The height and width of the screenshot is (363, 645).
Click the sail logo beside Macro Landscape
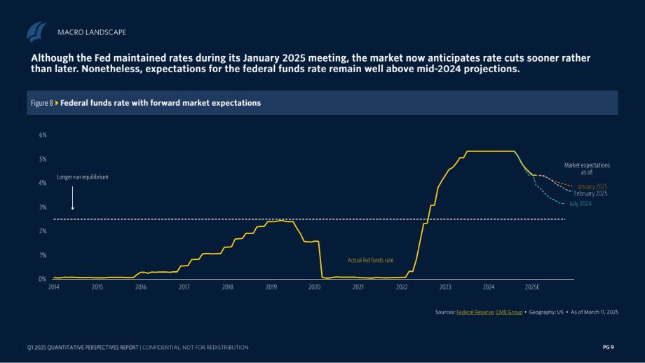tap(36, 32)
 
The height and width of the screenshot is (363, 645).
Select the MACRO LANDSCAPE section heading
tap(92, 32)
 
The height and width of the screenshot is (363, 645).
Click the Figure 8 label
tap(42, 103)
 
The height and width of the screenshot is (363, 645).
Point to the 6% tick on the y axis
tap(43, 135)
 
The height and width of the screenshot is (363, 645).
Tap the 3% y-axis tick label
tap(43, 207)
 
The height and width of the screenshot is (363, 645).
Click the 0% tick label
tap(42, 279)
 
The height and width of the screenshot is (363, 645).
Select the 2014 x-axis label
tap(54, 287)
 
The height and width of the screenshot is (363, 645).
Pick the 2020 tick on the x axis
tap(314, 287)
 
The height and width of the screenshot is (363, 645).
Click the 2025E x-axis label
tap(532, 287)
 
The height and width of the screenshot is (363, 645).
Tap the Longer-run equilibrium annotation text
tap(82, 177)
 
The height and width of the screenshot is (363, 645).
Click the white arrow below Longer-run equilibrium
tap(73, 198)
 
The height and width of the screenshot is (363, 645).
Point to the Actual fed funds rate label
tap(371, 260)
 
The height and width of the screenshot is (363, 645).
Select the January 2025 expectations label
tap(592, 186)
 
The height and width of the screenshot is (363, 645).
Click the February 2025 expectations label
tap(591, 193)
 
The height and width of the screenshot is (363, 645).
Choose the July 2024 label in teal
tap(580, 204)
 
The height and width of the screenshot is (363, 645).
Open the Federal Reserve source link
tap(475, 313)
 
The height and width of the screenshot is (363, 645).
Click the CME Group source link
tap(509, 313)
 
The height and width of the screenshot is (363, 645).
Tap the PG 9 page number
tap(609, 348)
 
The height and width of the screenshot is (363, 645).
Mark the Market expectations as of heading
tap(587, 169)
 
